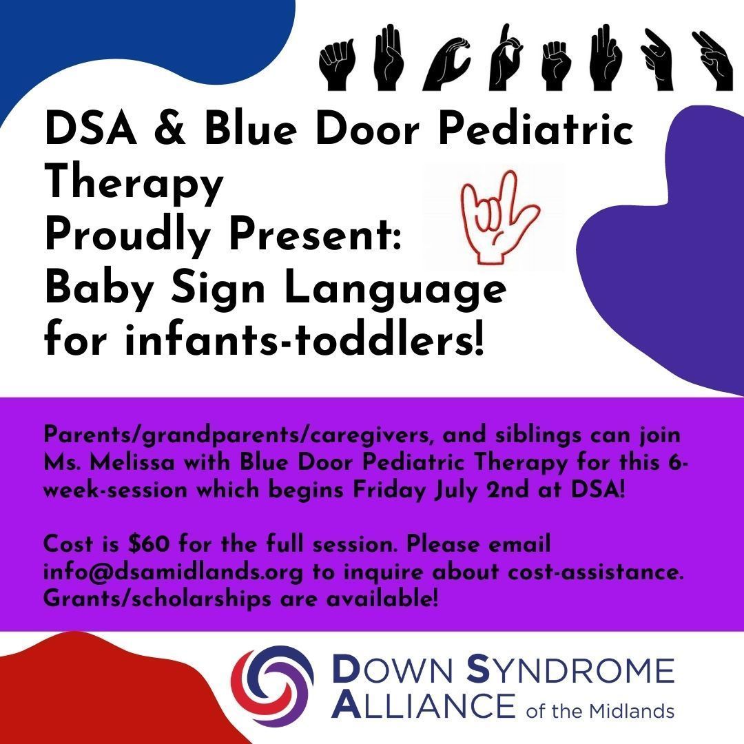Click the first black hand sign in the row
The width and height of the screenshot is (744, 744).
[338, 65]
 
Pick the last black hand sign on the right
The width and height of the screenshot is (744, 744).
[712, 60]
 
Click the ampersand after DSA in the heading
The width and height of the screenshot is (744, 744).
[170, 129]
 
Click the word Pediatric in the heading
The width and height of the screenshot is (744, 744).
[536, 128]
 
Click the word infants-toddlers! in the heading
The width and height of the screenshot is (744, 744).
[304, 340]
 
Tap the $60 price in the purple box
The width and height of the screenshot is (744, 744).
[149, 544]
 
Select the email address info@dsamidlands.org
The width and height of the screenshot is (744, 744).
[173, 572]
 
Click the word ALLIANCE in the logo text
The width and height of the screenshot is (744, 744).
[423, 705]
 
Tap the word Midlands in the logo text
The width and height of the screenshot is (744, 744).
[632, 711]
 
